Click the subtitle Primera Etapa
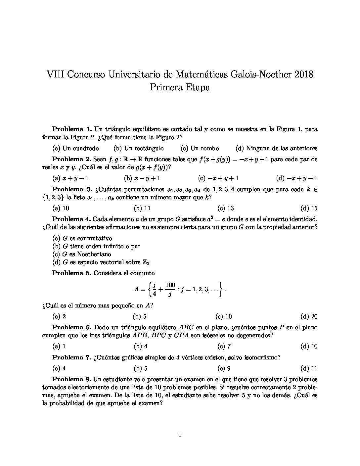(x=180, y=87)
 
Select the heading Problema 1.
(x=72, y=129)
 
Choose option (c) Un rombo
(x=200, y=148)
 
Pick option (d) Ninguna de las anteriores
(x=277, y=148)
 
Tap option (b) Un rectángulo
(x=139, y=148)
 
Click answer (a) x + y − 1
(x=70, y=178)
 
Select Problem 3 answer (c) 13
(x=226, y=208)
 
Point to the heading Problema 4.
(x=71, y=219)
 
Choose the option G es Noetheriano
(x=82, y=254)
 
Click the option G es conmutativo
(x=82, y=238)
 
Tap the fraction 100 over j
(x=170, y=289)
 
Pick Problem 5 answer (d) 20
(x=309, y=316)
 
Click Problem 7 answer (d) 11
(x=309, y=368)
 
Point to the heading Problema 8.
(x=72, y=379)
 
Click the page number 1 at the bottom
(x=180, y=435)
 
